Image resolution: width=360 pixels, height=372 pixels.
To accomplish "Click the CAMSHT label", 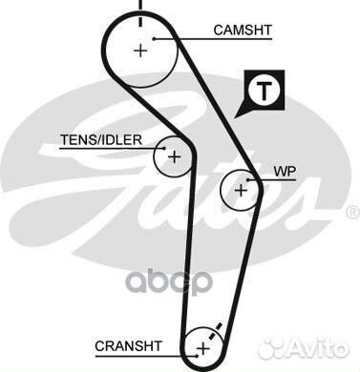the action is (243, 31).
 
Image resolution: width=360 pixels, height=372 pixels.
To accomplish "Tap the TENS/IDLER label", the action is (101, 139).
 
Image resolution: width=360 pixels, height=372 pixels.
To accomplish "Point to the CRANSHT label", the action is (129, 344).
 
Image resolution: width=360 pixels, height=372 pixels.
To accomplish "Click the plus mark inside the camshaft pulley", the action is (141, 50).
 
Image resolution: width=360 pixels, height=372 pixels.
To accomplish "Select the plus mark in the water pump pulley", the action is (241, 190).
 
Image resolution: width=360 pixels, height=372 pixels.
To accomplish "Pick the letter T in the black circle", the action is (265, 92).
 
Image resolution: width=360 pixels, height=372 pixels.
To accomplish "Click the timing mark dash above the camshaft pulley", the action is (140, 9).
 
